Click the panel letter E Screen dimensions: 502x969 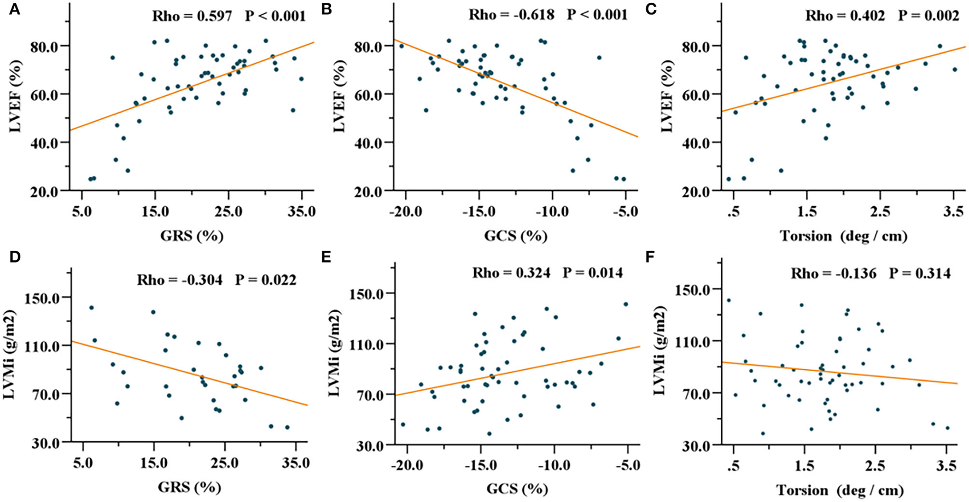(x=327, y=257)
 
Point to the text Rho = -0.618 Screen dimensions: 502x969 (x=511, y=14)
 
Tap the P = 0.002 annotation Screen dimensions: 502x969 (x=929, y=15)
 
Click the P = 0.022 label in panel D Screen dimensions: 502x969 (x=266, y=280)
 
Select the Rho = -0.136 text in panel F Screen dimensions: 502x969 (x=833, y=273)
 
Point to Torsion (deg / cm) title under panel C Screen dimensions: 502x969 (x=844, y=236)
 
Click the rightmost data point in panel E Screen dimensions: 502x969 (x=626, y=304)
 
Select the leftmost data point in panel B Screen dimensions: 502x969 (x=401, y=46)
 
